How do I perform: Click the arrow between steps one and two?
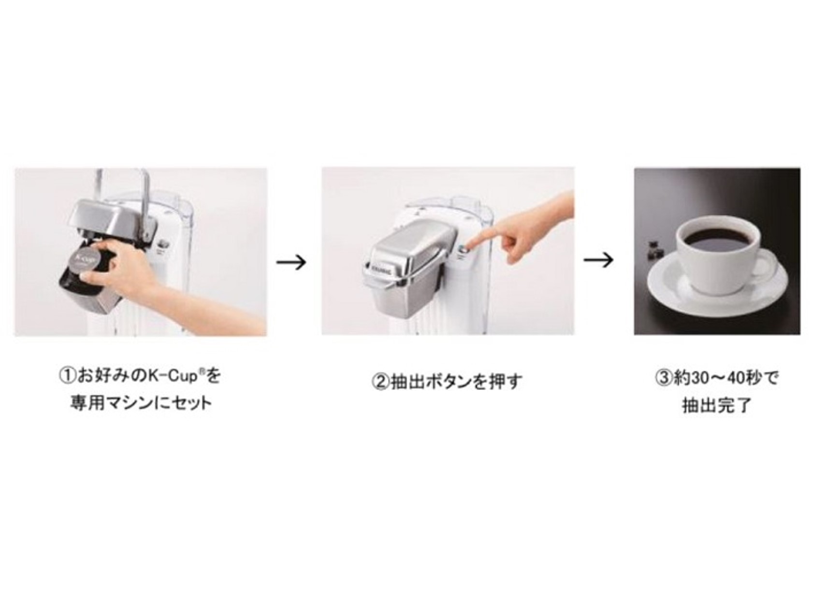click(x=291, y=262)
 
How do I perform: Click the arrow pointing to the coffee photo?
click(x=598, y=260)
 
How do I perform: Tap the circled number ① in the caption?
click(x=68, y=375)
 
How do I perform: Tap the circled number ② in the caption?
click(x=380, y=382)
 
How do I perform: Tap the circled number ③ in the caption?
click(x=664, y=378)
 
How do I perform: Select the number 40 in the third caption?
click(x=736, y=378)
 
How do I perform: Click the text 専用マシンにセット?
click(x=141, y=403)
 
